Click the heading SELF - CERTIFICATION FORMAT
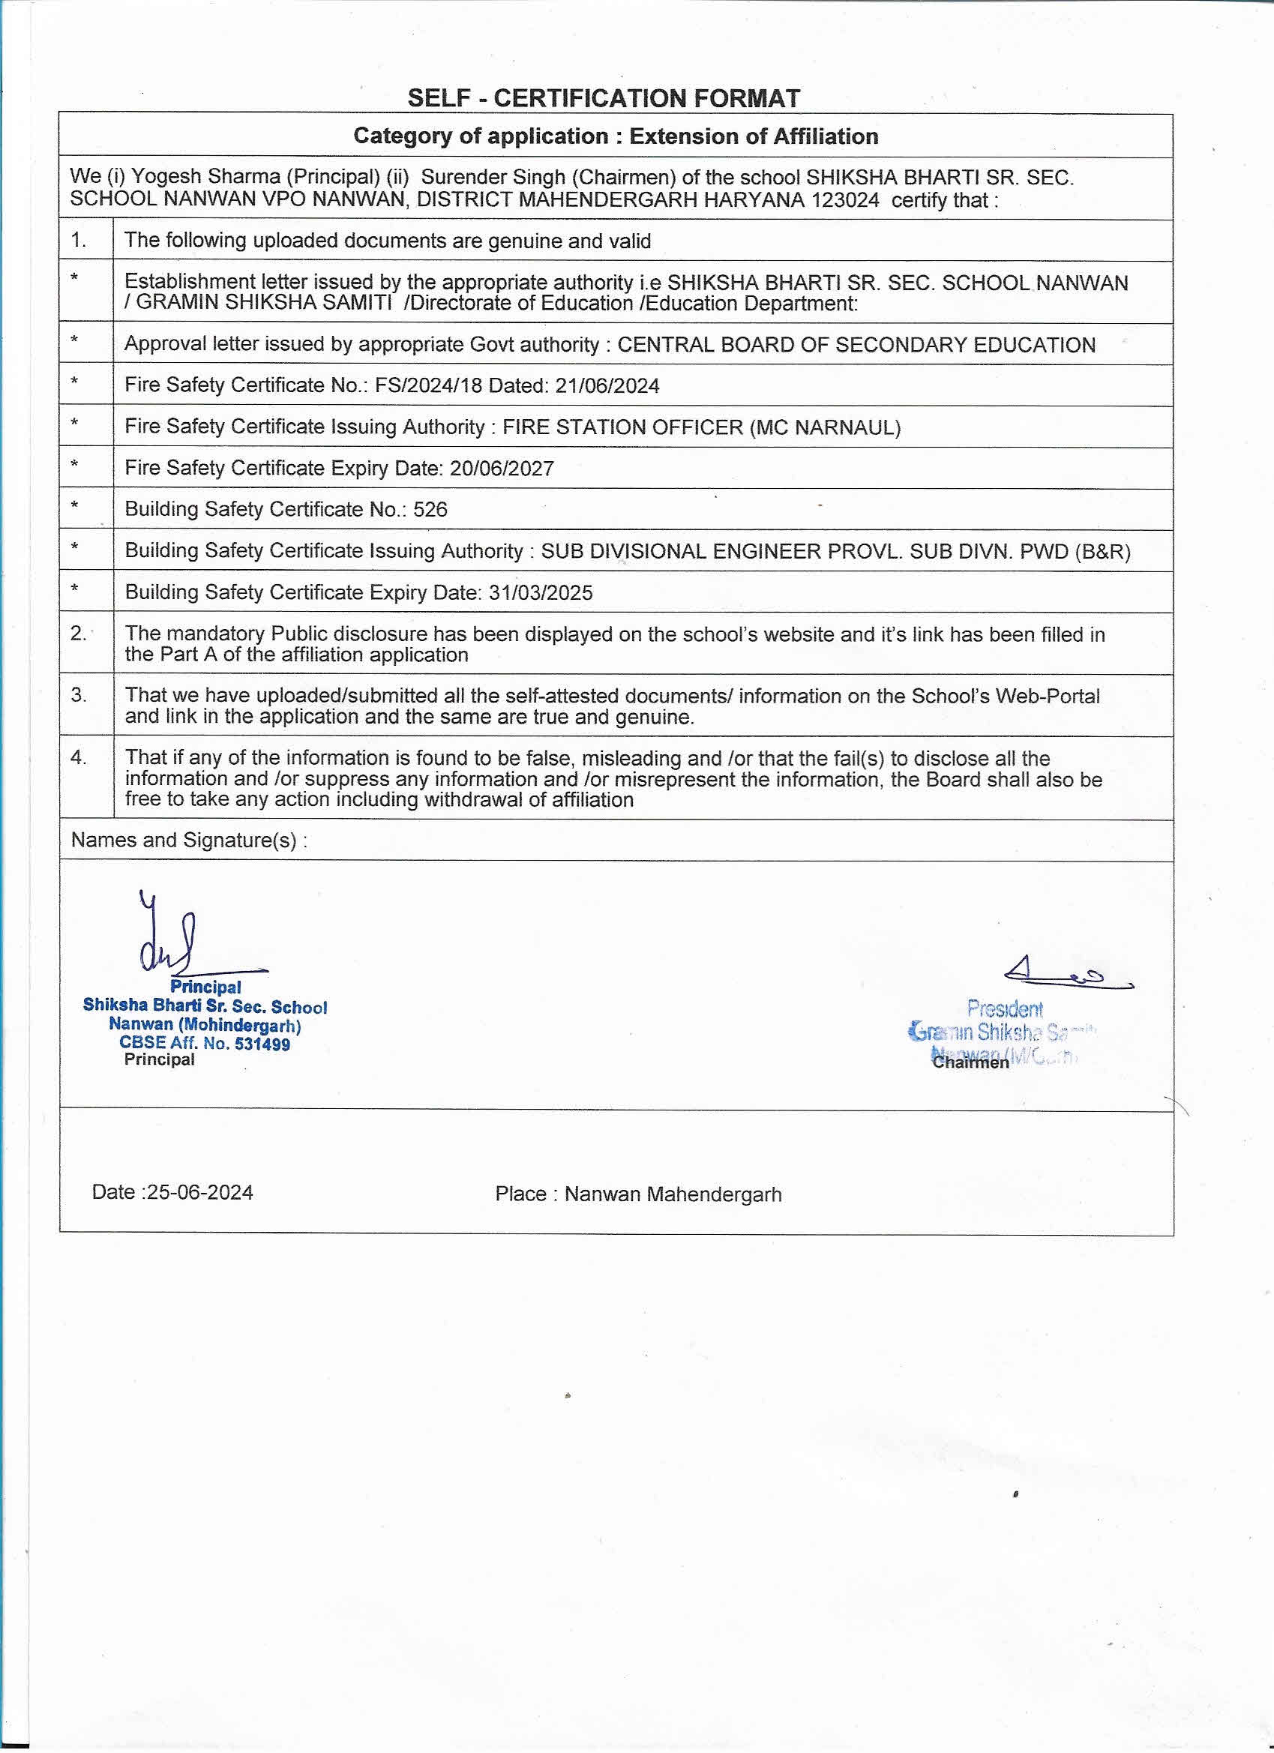pyautogui.click(x=604, y=98)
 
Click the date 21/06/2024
pyautogui.click(x=607, y=385)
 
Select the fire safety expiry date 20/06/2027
pyautogui.click(x=502, y=469)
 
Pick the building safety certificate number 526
pyautogui.click(x=430, y=509)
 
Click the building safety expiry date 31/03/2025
pyautogui.click(x=541, y=593)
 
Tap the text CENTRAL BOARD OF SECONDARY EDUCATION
pyautogui.click(x=856, y=345)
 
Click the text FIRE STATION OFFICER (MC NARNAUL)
pyautogui.click(x=701, y=427)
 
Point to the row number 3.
pyautogui.click(x=79, y=695)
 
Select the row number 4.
pyautogui.click(x=79, y=757)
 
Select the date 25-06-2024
pyautogui.click(x=199, y=1193)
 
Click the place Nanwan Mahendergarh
pyautogui.click(x=673, y=1194)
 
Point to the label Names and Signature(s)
pyautogui.click(x=189, y=841)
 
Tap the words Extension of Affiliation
pyautogui.click(x=754, y=136)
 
